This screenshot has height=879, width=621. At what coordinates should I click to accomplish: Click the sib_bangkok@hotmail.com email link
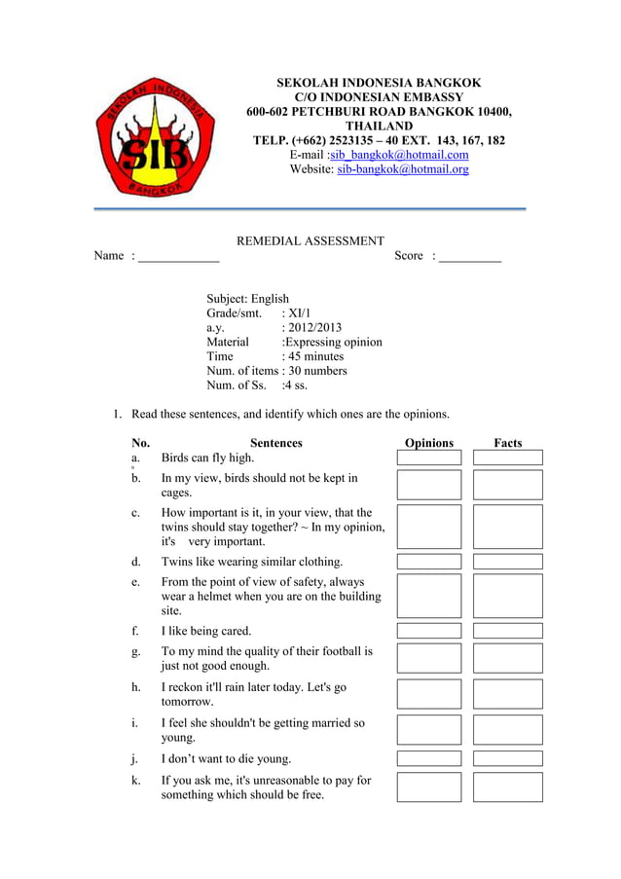(x=399, y=155)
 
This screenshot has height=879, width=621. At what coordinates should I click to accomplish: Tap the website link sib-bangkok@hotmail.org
(x=402, y=169)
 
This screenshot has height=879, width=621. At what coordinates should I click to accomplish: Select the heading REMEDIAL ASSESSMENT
(x=310, y=241)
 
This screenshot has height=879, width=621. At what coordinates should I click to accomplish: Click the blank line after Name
(x=179, y=257)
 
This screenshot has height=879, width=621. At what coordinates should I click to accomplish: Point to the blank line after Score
(x=470, y=257)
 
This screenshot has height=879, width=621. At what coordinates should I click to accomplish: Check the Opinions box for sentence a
(x=429, y=458)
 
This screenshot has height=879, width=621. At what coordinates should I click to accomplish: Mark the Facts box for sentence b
(x=508, y=485)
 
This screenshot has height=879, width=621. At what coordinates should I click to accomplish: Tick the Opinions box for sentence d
(x=429, y=562)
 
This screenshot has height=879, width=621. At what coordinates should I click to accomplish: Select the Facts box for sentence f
(x=508, y=631)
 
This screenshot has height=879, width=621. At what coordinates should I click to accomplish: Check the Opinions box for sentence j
(x=429, y=758)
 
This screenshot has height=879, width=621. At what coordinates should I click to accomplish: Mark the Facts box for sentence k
(x=508, y=787)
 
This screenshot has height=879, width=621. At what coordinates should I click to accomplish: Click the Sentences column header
(x=275, y=443)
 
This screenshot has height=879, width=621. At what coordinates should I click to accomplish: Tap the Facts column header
(x=508, y=443)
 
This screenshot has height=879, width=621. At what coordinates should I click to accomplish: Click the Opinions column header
(x=429, y=443)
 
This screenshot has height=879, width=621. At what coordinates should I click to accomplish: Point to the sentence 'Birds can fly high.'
(x=207, y=458)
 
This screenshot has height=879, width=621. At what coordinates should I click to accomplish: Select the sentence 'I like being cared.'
(x=206, y=631)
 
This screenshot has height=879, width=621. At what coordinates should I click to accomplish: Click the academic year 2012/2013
(x=311, y=328)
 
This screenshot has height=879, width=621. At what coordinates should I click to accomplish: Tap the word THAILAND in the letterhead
(x=379, y=127)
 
